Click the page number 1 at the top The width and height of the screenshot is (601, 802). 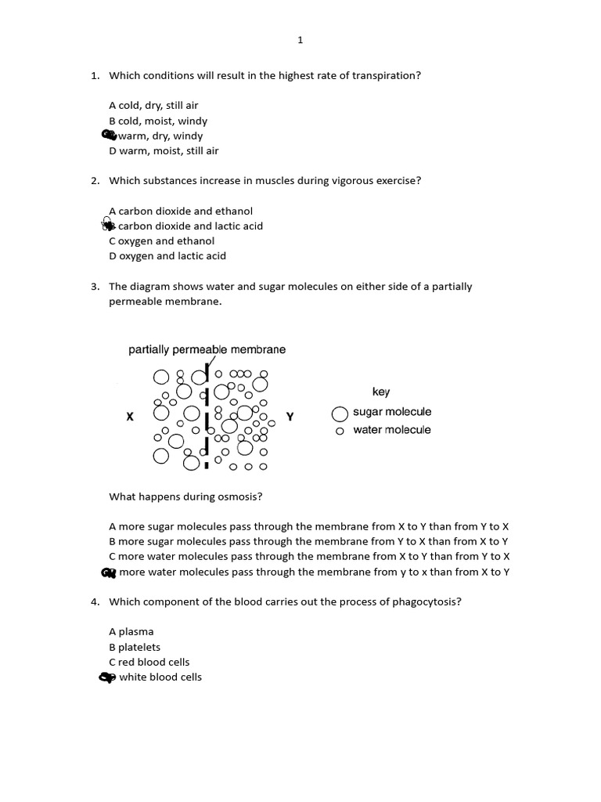tap(300, 40)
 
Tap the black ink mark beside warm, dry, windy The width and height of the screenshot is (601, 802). tap(110, 135)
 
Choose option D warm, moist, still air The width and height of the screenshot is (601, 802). tap(164, 151)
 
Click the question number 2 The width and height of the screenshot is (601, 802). tap(94, 181)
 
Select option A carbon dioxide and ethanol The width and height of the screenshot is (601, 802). tap(181, 211)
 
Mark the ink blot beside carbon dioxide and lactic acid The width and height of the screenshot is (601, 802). tap(109, 226)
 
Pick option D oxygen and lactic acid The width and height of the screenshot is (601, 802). tap(167, 256)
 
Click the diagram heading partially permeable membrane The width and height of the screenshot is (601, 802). tap(207, 350)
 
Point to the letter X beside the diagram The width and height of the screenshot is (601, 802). tap(130, 417)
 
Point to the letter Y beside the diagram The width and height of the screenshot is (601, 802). tap(290, 417)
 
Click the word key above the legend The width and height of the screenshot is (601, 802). tap(381, 392)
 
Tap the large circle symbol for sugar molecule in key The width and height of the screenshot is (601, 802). tap(340, 414)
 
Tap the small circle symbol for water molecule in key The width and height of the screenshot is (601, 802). tap(340, 431)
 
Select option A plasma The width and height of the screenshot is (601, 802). tap(131, 632)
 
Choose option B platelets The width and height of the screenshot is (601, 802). tap(135, 648)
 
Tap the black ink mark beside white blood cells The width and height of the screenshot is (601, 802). tap(107, 677)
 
